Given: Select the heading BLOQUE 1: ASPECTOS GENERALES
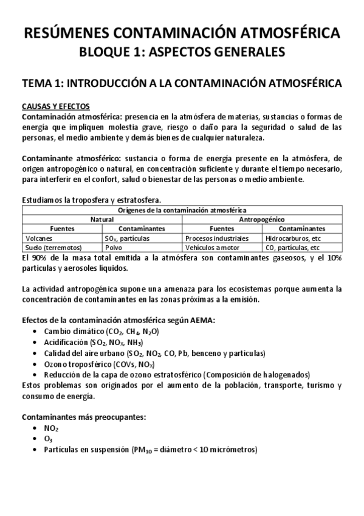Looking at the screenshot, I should tap(182, 53).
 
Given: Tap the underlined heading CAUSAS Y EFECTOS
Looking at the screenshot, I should tap(55, 105).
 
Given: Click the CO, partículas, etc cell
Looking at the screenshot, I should tap(293, 248).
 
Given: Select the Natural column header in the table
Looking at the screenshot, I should tap(102, 219).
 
